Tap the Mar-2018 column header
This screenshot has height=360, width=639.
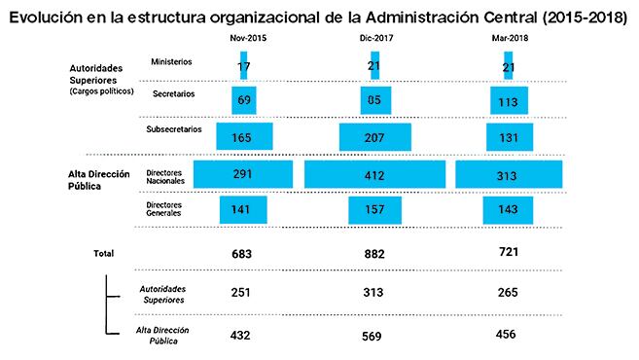point(509,37)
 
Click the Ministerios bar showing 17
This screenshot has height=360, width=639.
point(243,65)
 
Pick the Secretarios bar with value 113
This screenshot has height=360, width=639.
point(509,100)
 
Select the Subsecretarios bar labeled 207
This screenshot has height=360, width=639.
point(374,137)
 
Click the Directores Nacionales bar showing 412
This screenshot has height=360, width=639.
point(374,174)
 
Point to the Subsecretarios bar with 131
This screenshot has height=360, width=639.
point(509,137)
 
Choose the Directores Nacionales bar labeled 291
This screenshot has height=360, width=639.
point(243,174)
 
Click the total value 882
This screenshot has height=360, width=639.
point(374,253)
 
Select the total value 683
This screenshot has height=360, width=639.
point(243,253)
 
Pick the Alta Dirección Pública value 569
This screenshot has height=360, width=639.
point(374,336)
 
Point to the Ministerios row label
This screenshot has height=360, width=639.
point(171,61)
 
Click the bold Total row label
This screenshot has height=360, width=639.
point(103,253)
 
